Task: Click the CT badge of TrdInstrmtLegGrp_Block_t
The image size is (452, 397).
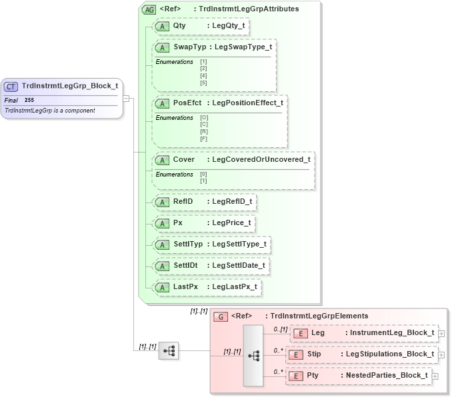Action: (11, 86)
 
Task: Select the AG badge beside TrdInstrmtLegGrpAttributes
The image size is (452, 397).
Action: (149, 9)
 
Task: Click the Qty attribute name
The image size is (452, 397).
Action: (179, 25)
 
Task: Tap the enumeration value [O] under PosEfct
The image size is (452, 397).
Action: (204, 118)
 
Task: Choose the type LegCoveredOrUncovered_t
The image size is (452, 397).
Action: (259, 159)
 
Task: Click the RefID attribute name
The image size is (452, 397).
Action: (183, 201)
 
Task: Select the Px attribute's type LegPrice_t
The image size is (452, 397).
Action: (231, 222)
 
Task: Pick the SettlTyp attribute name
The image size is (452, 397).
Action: (187, 244)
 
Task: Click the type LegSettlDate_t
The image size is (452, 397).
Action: (238, 266)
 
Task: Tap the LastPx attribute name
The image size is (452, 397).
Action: (185, 287)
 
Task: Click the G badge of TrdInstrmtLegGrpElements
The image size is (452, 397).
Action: (221, 316)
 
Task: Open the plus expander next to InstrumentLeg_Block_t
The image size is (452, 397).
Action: (441, 333)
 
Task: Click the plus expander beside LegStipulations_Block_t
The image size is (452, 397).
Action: (441, 354)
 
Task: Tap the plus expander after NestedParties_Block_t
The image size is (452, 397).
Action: (435, 376)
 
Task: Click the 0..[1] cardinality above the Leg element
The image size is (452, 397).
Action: (280, 329)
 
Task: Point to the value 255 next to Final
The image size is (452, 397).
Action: (29, 100)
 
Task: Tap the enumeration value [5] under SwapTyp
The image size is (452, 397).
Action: (204, 83)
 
